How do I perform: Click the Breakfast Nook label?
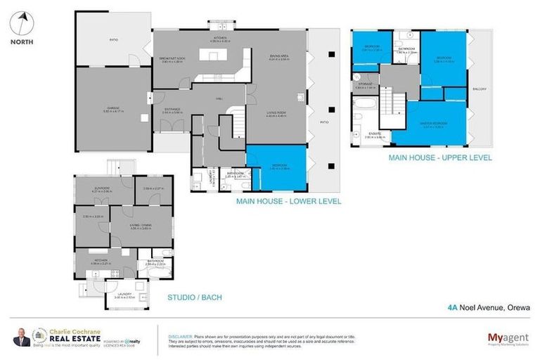pyautogui.click(x=172, y=60)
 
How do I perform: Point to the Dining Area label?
pyautogui.click(x=280, y=59)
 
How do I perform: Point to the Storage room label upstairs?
pyautogui.click(x=365, y=84)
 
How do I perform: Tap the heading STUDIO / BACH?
pyautogui.click(x=194, y=297)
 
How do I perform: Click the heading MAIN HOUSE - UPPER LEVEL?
pyautogui.click(x=440, y=158)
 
